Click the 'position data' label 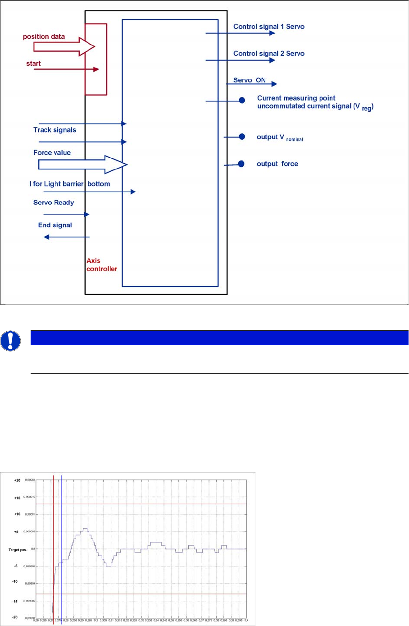point(44,37)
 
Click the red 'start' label point(33,64)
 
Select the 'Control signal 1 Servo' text point(268,27)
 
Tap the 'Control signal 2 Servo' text point(268,54)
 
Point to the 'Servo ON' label point(249,80)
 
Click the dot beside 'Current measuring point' point(242,101)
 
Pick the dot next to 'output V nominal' point(241,137)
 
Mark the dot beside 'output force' point(241,164)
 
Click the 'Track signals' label point(55,130)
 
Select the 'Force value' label point(52,153)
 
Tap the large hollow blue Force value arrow point(81,164)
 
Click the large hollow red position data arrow point(59,46)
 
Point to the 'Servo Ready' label point(54,202)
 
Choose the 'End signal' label point(55,225)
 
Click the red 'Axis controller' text point(101,265)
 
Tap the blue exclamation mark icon point(11,341)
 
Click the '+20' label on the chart point(17,480)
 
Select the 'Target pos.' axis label point(18,550)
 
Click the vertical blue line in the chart point(61,541)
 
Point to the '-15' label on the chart point(15,601)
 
